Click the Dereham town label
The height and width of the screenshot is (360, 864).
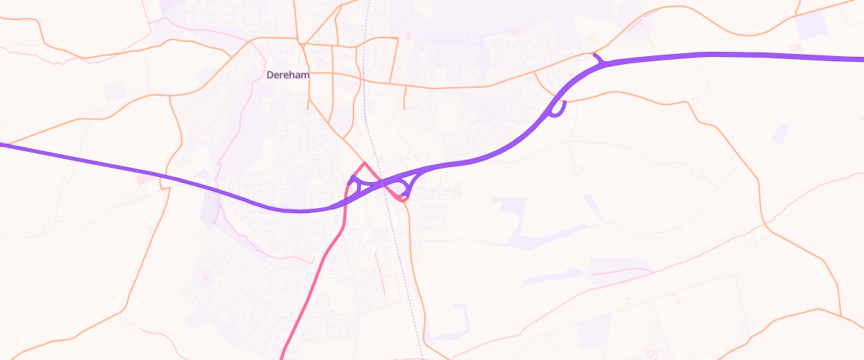point(287,74)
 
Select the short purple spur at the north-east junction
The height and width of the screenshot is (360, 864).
point(595,57)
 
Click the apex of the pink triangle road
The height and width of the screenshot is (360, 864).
point(364,163)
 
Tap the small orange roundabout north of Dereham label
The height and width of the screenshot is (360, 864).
point(305,45)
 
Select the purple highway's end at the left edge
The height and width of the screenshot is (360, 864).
point(3,145)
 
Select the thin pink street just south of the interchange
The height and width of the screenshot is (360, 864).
point(380,274)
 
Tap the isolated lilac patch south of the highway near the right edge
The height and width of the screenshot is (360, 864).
point(780,134)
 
